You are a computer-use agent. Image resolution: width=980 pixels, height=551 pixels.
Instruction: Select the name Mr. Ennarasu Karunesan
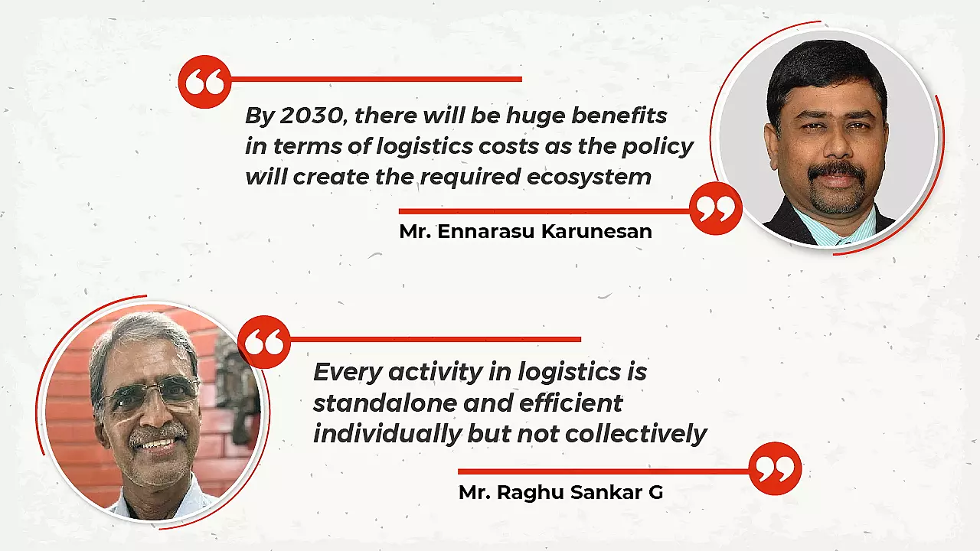525,232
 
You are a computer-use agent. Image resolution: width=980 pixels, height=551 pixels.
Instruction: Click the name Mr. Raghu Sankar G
560,492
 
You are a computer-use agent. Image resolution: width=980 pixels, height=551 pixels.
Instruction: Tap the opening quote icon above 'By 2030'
204,82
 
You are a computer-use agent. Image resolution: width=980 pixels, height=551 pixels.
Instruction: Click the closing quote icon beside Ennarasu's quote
716,209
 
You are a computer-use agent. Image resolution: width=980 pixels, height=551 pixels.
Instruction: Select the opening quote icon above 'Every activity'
264,342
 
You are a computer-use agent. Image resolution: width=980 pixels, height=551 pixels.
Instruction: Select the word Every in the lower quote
345,372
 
